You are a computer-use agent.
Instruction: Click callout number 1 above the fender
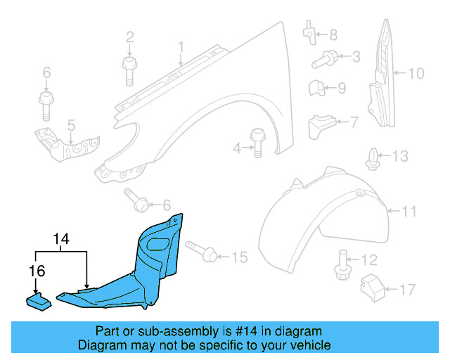[x=180, y=47]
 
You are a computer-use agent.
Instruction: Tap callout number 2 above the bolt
[x=130, y=37]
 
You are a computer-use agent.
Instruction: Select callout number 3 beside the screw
[x=356, y=57]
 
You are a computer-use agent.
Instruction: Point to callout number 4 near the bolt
[x=238, y=148]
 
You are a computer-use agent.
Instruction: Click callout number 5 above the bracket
[x=70, y=125]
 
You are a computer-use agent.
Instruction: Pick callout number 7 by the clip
[x=353, y=121]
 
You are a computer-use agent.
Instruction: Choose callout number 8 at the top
[x=333, y=33]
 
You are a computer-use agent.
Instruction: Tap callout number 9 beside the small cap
[x=341, y=88]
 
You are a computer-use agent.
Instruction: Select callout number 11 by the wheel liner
[x=409, y=210]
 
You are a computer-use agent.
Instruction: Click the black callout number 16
[x=35, y=269]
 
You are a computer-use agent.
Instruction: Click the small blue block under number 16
[x=38, y=301]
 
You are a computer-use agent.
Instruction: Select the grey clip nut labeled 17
[x=370, y=287]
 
